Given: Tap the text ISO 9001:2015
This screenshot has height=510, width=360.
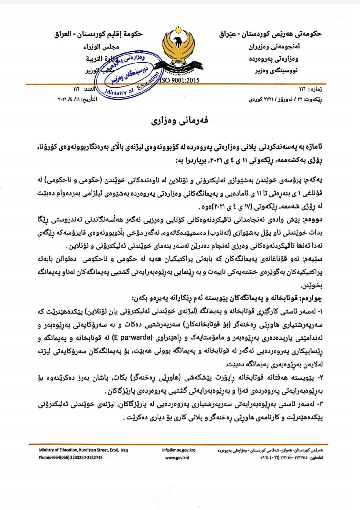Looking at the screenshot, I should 179,80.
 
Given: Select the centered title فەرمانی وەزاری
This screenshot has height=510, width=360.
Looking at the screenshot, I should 180,121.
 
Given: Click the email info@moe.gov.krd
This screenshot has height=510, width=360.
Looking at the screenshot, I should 179,450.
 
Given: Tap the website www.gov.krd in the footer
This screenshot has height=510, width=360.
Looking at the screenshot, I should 177,457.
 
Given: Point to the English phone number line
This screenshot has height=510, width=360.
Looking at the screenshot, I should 70,457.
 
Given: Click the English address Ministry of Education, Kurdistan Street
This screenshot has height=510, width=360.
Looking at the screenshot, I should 83,450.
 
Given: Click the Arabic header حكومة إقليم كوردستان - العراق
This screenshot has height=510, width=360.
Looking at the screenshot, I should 98,34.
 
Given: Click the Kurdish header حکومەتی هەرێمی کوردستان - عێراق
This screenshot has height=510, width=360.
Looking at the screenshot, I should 270,34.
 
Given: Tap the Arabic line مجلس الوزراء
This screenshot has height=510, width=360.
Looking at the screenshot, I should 101,47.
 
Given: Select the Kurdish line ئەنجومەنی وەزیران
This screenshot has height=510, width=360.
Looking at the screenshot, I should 274,47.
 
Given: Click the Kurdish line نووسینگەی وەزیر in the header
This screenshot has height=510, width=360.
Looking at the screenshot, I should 276,70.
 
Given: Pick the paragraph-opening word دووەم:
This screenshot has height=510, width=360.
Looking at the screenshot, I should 314,220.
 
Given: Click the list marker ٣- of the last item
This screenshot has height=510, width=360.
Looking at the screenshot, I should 320,404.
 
